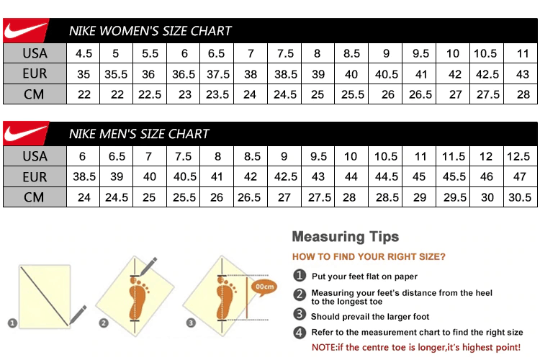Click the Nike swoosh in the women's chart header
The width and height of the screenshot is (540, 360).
26,31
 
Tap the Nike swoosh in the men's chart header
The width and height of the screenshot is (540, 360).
26,134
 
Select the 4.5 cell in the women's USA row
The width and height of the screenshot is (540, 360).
84,53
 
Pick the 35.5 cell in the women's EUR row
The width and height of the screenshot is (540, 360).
115,73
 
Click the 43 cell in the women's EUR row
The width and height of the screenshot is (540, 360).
523,73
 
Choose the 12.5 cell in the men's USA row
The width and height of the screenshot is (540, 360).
518,156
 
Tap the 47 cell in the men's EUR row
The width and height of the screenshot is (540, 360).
518,176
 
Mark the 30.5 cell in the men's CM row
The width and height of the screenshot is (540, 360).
518,197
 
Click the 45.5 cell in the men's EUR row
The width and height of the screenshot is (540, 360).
454,176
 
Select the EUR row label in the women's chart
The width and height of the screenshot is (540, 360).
35,73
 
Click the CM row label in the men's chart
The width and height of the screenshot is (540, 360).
35,197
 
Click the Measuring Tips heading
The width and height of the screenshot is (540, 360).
345,237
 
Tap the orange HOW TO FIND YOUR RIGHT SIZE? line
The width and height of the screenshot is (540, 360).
368,256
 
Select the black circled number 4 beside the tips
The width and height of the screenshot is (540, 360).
299,332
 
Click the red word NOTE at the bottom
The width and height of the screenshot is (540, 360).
323,347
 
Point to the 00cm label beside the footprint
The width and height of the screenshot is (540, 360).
265,287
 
